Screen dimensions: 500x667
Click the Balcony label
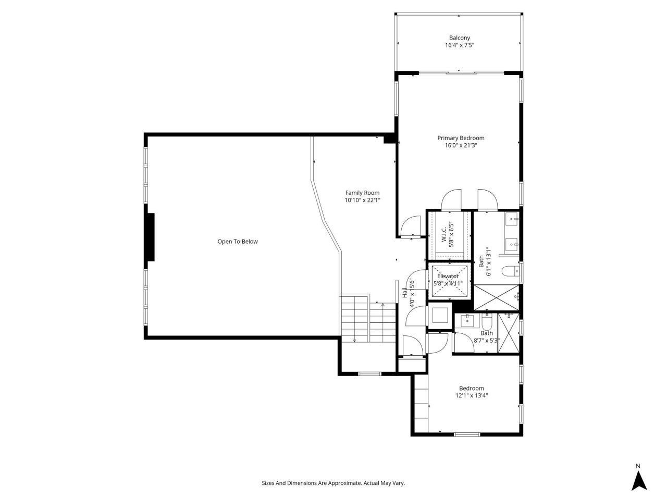[x=459, y=37]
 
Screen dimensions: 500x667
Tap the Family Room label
[x=362, y=193]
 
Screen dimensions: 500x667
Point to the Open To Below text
[x=237, y=242]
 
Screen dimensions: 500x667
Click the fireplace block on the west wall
[x=151, y=237]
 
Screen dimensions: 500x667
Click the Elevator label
[x=448, y=276]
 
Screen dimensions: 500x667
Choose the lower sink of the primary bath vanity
[x=512, y=243]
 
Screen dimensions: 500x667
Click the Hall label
[x=405, y=293]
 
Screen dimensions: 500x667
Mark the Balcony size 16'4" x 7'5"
[x=459, y=45]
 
